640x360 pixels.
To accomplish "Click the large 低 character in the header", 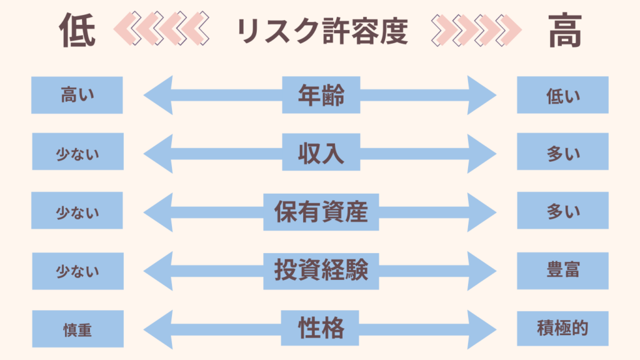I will (x=77, y=31).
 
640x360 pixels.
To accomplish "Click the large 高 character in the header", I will (x=566, y=31).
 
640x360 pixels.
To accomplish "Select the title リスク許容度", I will (x=322, y=31).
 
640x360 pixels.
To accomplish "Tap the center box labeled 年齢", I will (x=321, y=95).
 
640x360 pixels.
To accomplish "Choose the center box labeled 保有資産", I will (x=321, y=211).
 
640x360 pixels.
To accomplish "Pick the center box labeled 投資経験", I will (x=321, y=270).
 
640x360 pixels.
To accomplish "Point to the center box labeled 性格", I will (x=321, y=327).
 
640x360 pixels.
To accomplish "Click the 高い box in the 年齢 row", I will (x=77, y=95).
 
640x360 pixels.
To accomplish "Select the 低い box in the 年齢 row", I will (x=562, y=95).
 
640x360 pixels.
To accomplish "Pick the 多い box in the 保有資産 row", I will (x=562, y=211).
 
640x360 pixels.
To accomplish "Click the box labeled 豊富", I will (x=562, y=270).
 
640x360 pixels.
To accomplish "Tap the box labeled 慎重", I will (x=77, y=329).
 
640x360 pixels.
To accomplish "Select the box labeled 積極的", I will (x=562, y=328).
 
